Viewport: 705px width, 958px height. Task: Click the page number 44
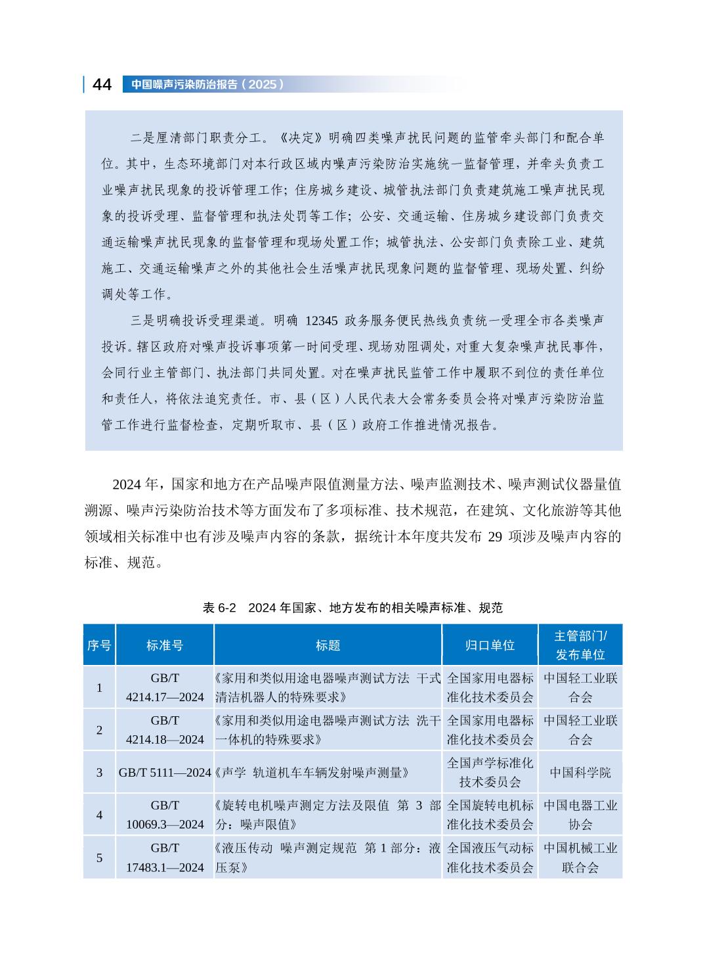102,85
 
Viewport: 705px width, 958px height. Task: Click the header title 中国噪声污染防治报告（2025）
207,85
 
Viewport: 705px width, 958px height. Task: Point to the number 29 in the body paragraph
496,537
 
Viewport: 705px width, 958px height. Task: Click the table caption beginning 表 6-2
352,608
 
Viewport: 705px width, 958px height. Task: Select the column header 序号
99,645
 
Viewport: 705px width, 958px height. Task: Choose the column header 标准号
165,645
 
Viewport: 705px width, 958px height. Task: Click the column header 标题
328,645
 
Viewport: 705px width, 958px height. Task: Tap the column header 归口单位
490,645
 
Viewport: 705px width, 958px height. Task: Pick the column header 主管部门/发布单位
580,645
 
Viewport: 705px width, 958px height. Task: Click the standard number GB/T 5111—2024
165,773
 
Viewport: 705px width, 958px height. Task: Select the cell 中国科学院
580,773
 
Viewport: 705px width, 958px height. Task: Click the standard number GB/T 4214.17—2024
165,687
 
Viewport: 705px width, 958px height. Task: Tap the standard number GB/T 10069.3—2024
165,815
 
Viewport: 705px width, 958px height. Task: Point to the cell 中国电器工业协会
580,815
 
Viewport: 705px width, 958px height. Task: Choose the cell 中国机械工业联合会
580,857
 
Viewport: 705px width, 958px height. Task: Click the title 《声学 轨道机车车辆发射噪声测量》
312,773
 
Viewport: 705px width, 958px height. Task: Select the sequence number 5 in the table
100,857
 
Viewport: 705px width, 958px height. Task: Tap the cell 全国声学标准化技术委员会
490,773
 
